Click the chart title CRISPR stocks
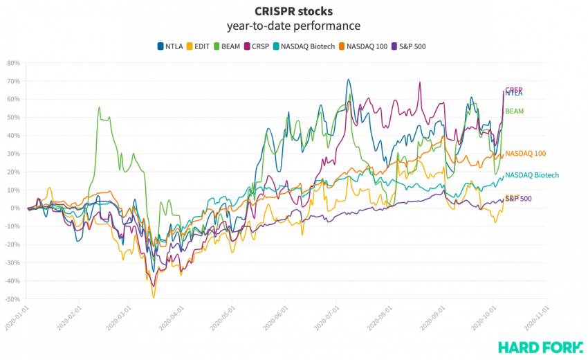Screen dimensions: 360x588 293,12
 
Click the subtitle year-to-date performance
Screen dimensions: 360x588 293,26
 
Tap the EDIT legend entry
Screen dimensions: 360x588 202,46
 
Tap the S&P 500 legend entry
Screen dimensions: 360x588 412,46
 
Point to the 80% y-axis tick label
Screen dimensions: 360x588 13,62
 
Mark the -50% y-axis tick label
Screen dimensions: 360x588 12,299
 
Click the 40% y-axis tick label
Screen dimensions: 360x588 13,135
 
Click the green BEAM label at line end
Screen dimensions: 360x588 514,111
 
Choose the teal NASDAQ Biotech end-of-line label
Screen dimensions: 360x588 531,175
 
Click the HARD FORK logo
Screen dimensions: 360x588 537,346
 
